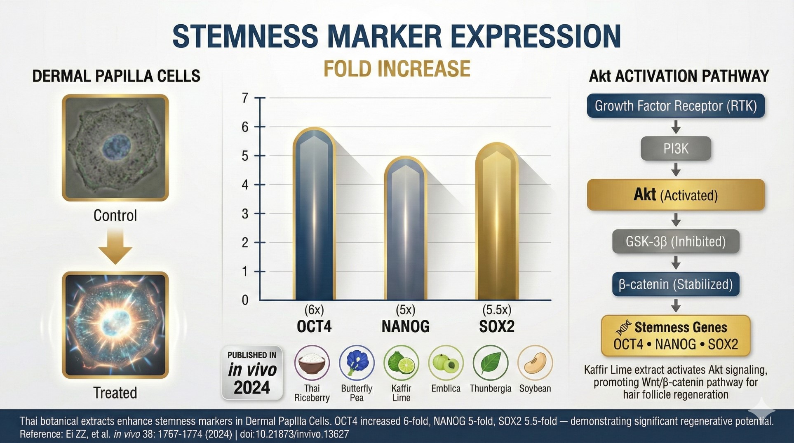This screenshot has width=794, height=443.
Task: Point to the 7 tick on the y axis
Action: [245, 98]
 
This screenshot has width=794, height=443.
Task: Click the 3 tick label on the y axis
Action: [245, 214]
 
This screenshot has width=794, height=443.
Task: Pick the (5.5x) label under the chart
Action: [496, 310]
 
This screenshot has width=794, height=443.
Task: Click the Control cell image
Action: [115, 148]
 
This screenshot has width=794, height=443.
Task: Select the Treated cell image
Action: [115, 325]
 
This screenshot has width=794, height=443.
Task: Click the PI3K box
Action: [675, 148]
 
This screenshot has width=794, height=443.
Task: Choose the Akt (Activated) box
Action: [675, 195]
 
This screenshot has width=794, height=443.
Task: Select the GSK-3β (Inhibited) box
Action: [675, 241]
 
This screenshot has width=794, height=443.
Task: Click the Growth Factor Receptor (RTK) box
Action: [675, 106]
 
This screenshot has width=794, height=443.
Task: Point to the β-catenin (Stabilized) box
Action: [675, 284]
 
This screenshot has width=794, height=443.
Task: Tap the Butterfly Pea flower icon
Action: [357, 363]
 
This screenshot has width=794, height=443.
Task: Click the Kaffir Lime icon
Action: [401, 363]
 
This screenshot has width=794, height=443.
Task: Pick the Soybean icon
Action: [535, 363]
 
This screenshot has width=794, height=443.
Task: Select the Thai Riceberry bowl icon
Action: [312, 363]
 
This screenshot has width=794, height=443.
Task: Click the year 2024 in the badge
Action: [252, 388]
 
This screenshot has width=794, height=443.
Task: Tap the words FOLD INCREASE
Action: [397, 69]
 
